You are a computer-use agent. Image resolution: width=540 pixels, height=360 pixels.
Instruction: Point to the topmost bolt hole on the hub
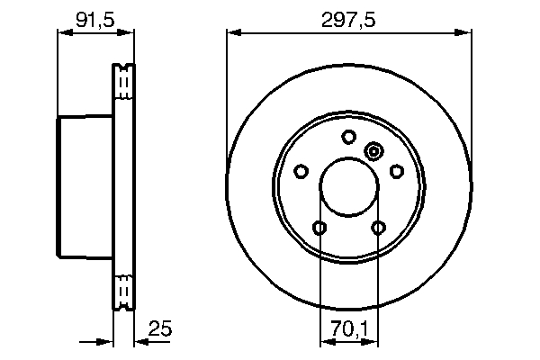pos(349,137)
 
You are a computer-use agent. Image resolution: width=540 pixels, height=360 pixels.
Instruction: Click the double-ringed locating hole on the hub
pos(373,151)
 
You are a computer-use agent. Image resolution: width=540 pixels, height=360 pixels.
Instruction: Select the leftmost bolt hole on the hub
pos(301,171)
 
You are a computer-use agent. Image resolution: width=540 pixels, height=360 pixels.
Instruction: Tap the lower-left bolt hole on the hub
pos(319,228)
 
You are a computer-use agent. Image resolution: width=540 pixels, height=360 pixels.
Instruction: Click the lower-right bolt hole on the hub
pos(379,228)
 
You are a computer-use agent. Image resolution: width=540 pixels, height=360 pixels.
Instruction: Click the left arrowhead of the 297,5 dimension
pos(231,32)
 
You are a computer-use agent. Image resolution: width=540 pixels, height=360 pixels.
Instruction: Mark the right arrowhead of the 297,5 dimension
pos(467,32)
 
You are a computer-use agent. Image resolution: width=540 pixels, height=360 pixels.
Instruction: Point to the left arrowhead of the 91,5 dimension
pos(62,32)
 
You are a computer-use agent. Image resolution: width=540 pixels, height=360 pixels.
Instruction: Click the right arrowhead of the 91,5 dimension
pos(130,32)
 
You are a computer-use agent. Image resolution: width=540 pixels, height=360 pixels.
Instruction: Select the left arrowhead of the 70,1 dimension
pos(325,340)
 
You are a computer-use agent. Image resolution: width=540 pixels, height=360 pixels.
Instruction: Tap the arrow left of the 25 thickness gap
pos(108,340)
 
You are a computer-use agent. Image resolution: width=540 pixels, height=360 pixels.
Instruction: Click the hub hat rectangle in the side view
pos(85,187)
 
